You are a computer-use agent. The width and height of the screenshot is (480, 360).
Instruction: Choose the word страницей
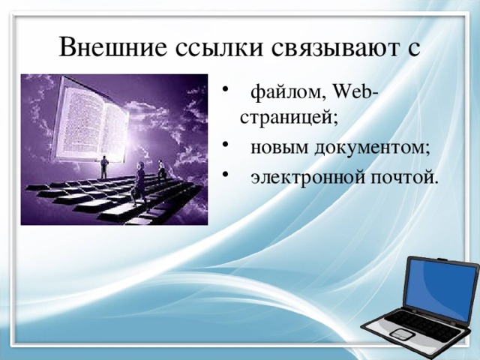point(289,117)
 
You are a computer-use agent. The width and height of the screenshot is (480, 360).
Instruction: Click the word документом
point(371,147)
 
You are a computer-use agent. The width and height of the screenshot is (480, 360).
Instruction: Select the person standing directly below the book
point(104,166)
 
